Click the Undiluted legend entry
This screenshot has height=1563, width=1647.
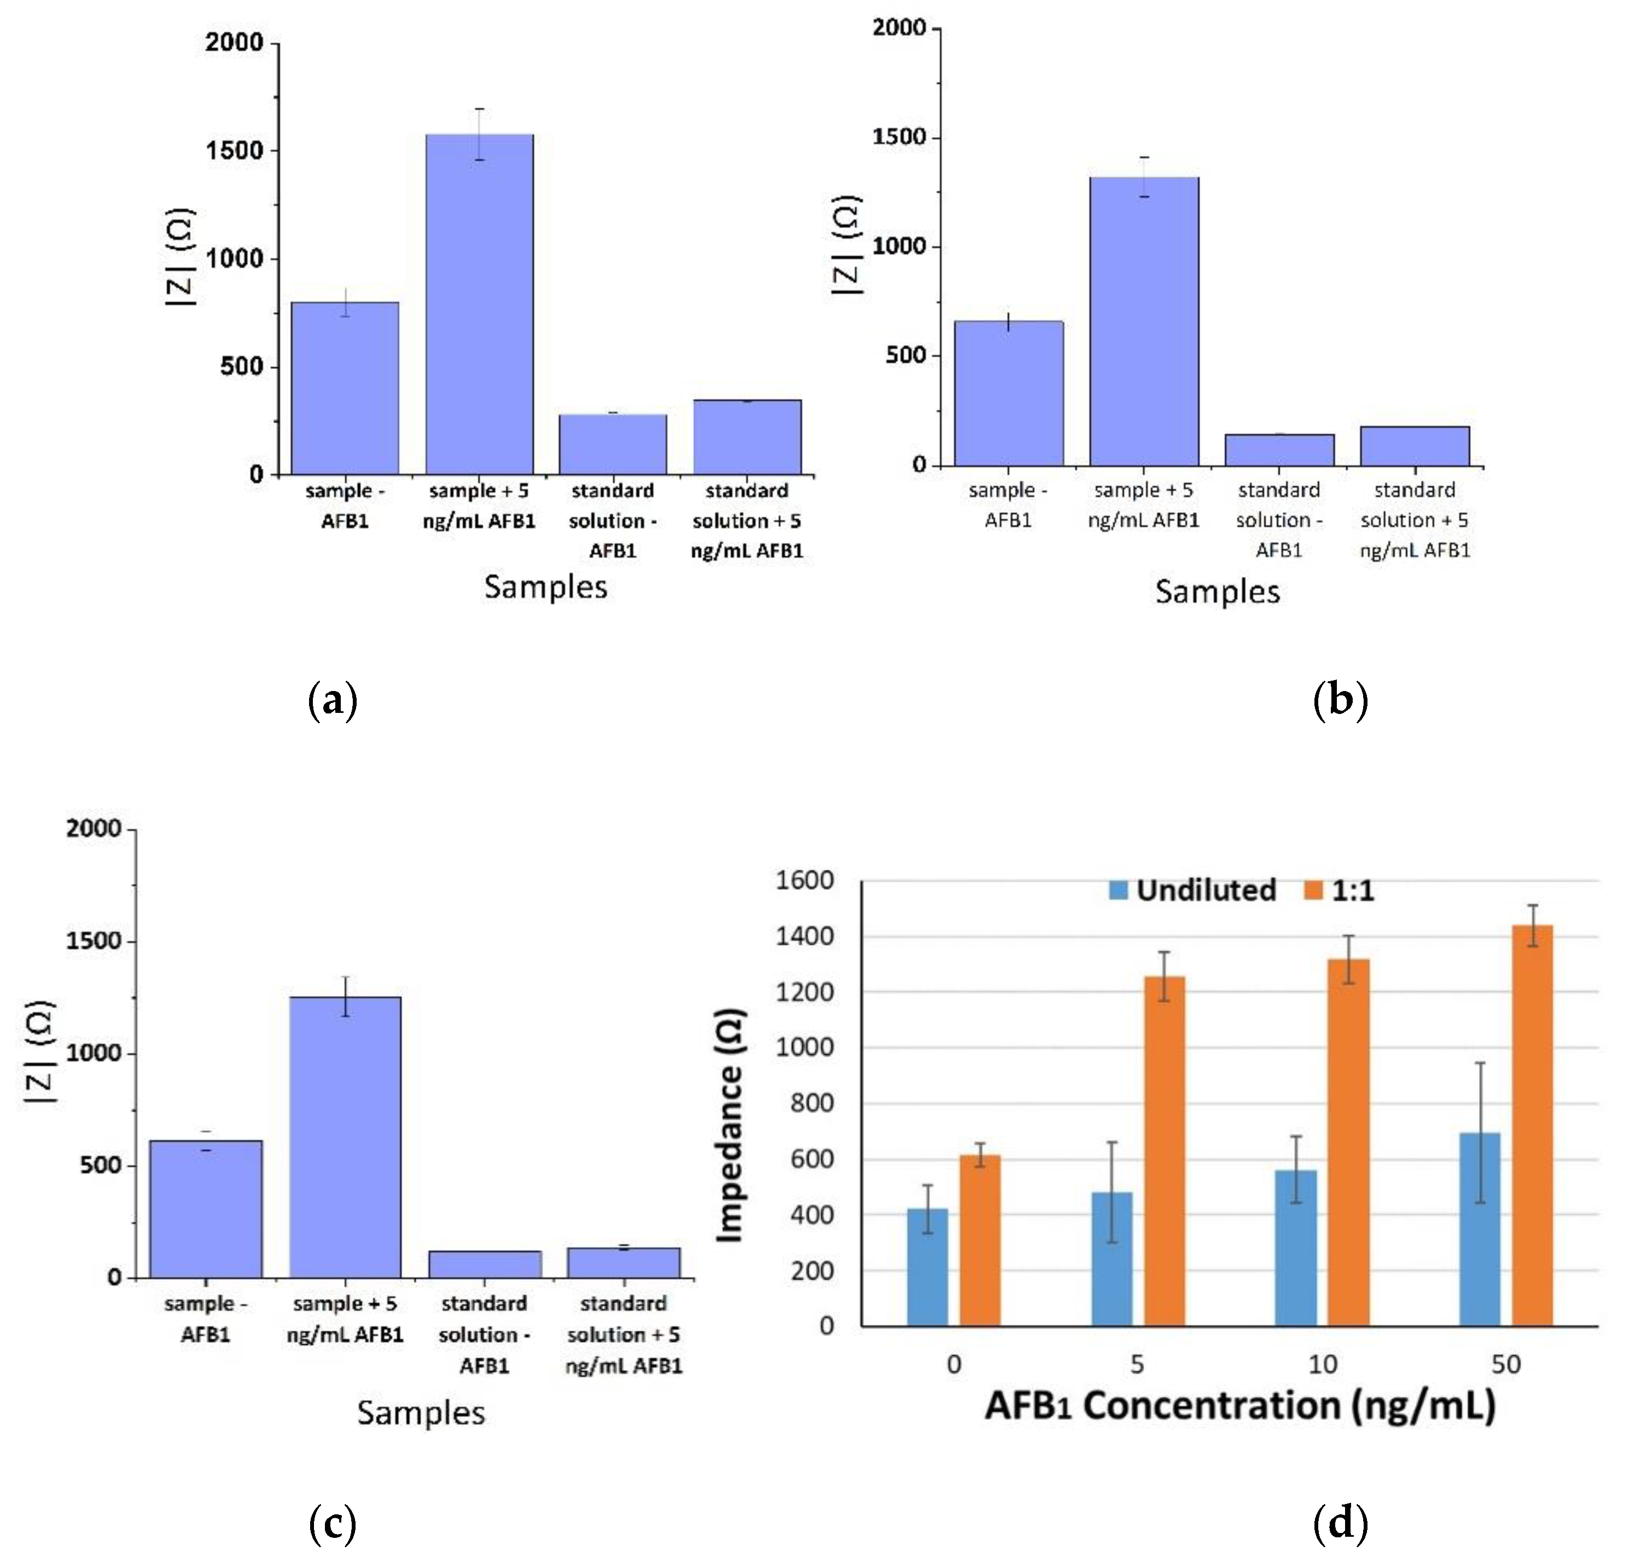1192,891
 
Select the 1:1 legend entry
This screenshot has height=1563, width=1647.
1338,891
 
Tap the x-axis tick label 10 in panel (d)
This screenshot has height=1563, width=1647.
1322,1365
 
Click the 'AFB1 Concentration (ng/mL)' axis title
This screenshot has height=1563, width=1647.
1239,1406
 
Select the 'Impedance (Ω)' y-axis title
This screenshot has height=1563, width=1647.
730,1125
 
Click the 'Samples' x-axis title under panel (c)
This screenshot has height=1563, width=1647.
421,1413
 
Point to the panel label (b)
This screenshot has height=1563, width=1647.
1340,700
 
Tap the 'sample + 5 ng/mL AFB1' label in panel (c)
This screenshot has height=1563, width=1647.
345,1318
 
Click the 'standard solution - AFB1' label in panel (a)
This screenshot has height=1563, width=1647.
613,520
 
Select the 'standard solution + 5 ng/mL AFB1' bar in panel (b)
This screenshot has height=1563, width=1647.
1415,447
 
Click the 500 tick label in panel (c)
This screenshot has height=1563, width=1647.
101,1166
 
